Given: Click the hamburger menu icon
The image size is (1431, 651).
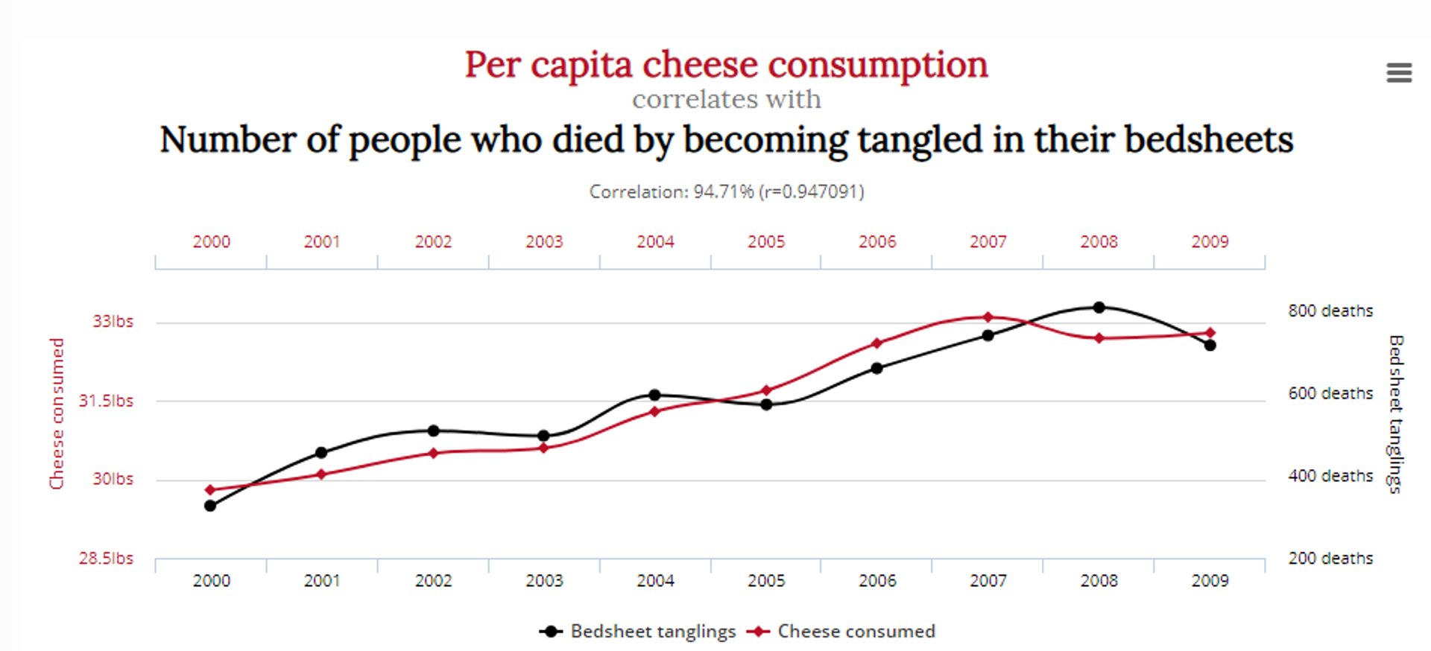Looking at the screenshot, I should click(x=1399, y=72).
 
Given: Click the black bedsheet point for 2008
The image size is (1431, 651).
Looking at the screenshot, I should click(x=1099, y=307).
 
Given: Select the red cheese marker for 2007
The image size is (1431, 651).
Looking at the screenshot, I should click(x=988, y=317).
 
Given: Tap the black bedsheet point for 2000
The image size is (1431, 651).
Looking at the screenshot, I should click(x=210, y=506).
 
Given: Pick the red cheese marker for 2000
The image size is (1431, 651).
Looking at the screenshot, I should click(x=210, y=489).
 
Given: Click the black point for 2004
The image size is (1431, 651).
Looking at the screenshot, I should click(x=654, y=395).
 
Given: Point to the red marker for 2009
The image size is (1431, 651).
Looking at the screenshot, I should click(x=1210, y=333).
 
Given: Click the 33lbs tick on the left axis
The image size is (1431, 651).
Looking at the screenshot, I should click(x=113, y=321).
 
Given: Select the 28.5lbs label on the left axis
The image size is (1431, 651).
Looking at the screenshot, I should click(x=106, y=558).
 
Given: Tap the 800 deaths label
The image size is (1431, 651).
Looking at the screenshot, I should click(x=1330, y=311).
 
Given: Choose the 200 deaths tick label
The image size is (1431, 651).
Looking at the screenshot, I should click(x=1330, y=558).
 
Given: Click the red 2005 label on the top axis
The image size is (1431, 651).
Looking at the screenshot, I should click(x=766, y=241).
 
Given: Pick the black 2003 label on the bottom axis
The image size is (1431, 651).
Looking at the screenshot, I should click(x=544, y=580).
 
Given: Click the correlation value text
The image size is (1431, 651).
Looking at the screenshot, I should click(x=727, y=191).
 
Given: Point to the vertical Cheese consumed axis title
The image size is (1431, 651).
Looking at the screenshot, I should click(x=57, y=413).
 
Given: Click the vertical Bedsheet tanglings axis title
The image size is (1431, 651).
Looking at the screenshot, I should click(x=1395, y=413).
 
